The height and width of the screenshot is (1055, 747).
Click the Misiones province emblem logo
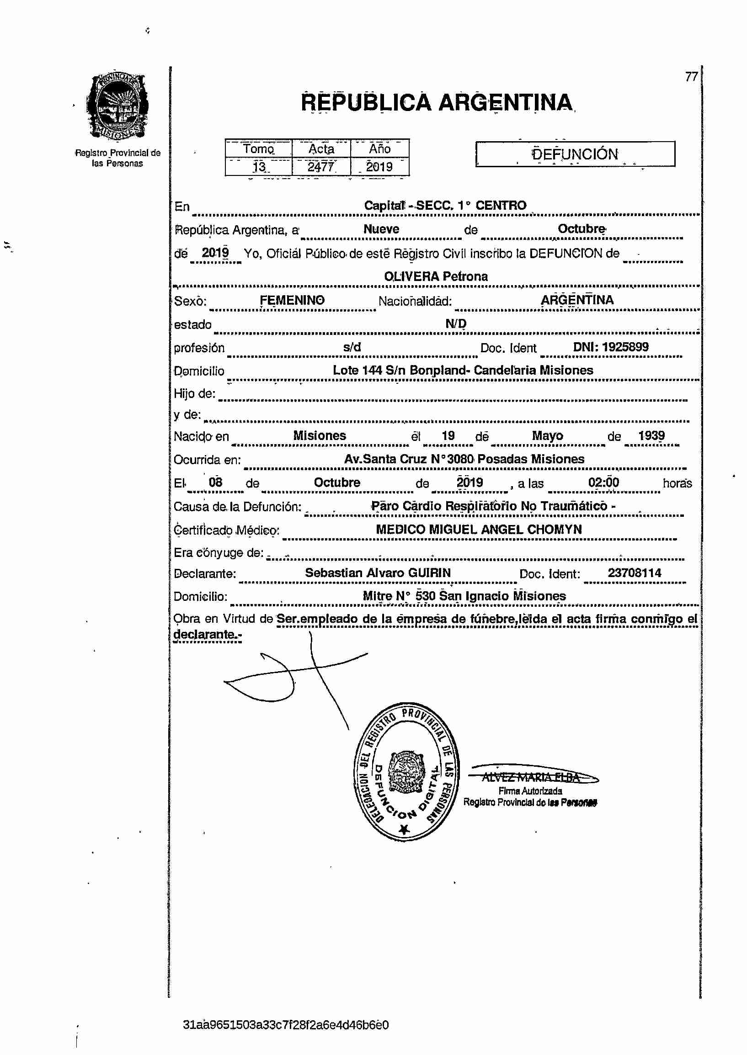click(x=118, y=106)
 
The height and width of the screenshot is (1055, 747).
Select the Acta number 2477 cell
click(x=321, y=166)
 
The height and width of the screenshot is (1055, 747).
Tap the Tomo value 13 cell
click(x=259, y=166)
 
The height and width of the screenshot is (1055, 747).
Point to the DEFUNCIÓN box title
click(x=575, y=154)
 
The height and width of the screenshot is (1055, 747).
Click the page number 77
click(x=691, y=77)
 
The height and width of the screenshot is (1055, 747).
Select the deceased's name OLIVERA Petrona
click(x=436, y=276)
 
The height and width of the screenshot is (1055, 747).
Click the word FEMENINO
click(x=292, y=300)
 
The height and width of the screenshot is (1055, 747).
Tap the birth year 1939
click(x=651, y=435)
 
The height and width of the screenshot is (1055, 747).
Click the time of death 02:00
click(x=603, y=482)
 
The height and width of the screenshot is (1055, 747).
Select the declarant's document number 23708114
click(x=634, y=573)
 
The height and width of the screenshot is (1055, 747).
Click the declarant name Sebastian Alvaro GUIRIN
click(x=378, y=573)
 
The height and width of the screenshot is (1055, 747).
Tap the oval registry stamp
click(x=406, y=772)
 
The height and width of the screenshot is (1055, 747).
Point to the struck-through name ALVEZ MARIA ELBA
click(x=531, y=777)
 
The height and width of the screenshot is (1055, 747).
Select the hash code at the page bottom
click(x=286, y=1025)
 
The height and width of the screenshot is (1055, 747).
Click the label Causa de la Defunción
click(x=237, y=507)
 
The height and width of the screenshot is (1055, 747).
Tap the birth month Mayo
click(x=547, y=435)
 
